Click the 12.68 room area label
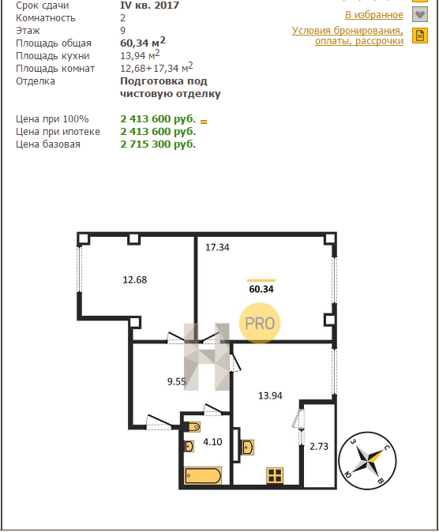tap(135, 280)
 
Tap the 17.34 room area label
tap(217, 247)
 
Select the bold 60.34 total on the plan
tap(261, 289)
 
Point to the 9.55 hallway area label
tap(177, 382)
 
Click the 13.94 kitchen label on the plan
tap(270, 395)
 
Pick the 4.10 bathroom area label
tap(212, 442)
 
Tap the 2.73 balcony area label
tap(319, 447)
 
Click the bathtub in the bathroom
tap(203, 475)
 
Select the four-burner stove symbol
tap(275, 475)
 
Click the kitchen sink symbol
tap(248, 447)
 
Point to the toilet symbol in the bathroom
tap(194, 427)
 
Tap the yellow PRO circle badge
tap(260, 323)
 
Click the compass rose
tap(368, 460)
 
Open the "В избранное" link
tap(374, 14)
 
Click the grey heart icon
tap(420, 14)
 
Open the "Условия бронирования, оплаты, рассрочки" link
tap(347, 36)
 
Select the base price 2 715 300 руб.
tap(158, 144)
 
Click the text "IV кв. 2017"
tap(149, 5)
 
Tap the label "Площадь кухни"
tap(53, 56)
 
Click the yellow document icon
tap(420, 36)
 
